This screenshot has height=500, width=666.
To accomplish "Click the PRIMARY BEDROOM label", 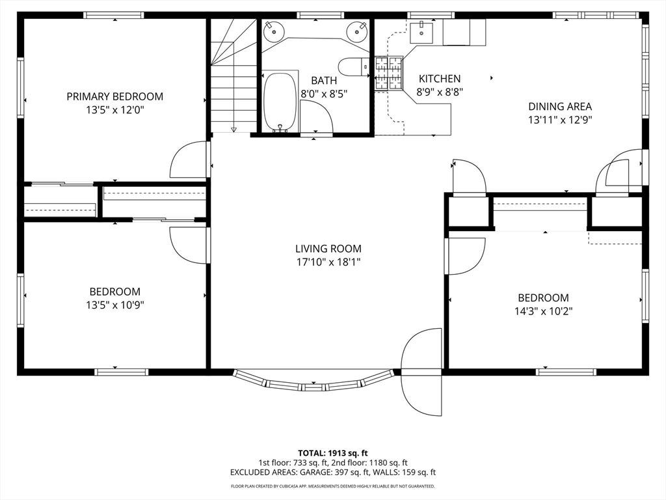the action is [x=114, y=96].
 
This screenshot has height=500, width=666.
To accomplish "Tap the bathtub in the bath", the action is [x=280, y=102].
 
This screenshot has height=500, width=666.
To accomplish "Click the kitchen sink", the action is [x=421, y=33].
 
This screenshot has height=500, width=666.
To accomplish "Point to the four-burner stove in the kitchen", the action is [x=389, y=73].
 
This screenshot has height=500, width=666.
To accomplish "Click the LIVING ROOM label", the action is [x=328, y=248].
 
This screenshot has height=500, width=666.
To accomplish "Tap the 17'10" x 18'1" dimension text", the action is [x=328, y=262].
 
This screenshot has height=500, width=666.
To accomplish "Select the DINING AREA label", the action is [x=560, y=106].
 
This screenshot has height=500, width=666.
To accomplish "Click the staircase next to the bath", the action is [x=233, y=76].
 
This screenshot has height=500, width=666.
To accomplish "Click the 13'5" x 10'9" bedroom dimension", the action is [x=114, y=305].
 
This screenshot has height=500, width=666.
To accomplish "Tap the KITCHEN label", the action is [x=440, y=79].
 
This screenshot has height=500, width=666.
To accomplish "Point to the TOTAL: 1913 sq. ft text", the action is [x=332, y=453].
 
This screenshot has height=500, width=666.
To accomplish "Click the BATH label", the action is [x=324, y=80].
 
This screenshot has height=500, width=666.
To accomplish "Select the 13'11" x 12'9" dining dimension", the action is [x=560, y=120].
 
